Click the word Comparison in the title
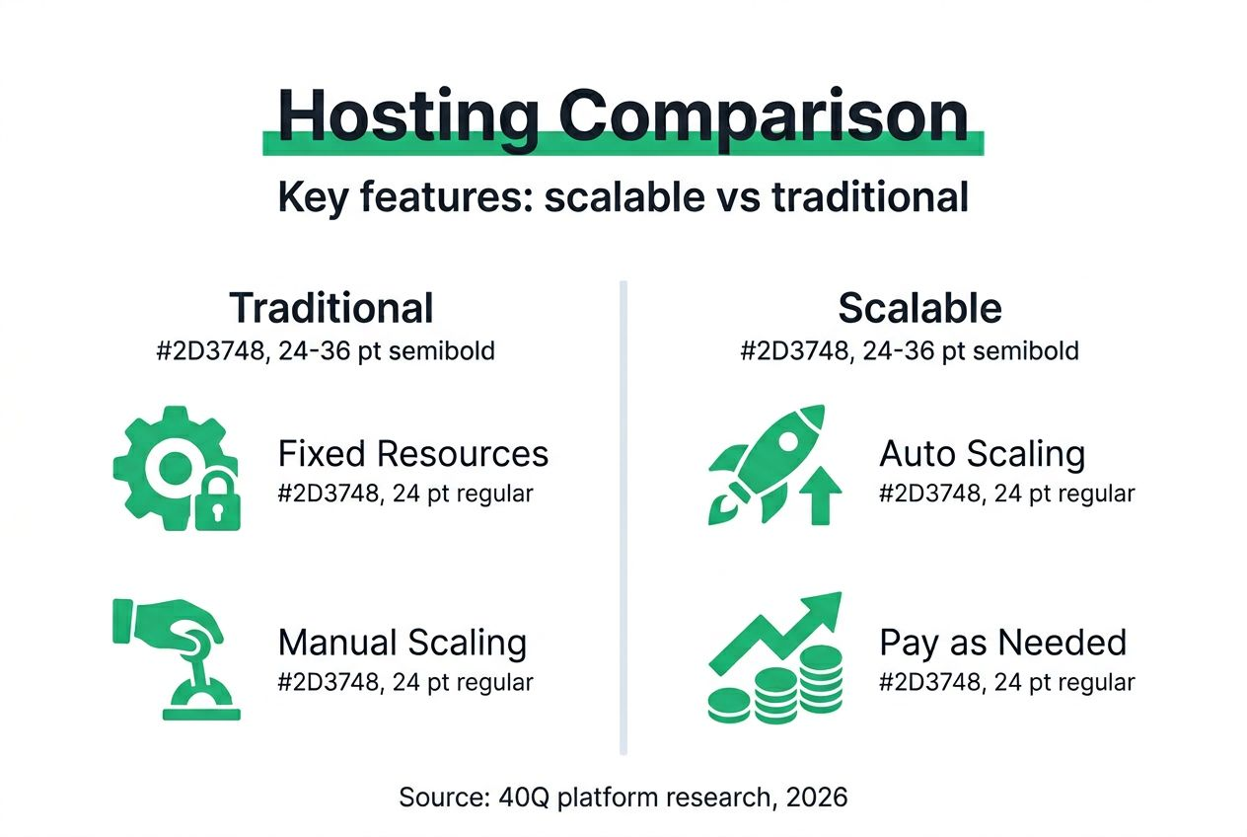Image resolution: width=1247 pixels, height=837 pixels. [x=764, y=115]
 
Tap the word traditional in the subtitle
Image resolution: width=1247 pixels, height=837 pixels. [x=869, y=196]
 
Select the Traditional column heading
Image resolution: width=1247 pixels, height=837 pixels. [x=331, y=308]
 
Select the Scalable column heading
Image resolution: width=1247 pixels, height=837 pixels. [x=919, y=308]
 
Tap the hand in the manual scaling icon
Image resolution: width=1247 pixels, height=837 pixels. [x=168, y=628]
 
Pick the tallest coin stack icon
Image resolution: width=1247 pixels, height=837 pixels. [x=821, y=681]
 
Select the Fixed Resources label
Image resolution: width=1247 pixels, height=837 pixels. [x=412, y=454]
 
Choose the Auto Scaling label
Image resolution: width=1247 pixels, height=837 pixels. [x=982, y=454]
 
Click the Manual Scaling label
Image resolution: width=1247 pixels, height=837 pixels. [x=402, y=643]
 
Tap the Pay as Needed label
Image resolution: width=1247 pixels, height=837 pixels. [x=1002, y=643]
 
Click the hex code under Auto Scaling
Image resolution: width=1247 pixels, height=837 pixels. [x=924, y=493]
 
